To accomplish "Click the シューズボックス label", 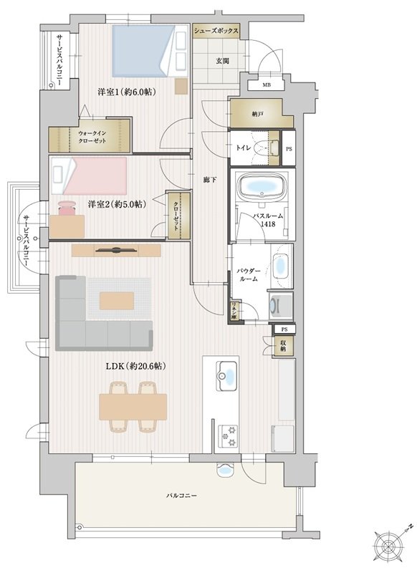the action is click(x=216, y=31).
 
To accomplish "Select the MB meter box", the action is click(x=267, y=85).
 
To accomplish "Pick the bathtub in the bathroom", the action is click(x=262, y=187).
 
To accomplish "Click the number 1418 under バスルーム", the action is click(x=268, y=224).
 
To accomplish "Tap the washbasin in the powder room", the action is click(x=282, y=266).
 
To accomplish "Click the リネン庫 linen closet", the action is click(x=233, y=311).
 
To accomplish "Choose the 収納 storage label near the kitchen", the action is click(x=283, y=345).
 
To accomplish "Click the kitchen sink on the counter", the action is click(x=226, y=375).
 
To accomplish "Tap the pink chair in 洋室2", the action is click(x=67, y=208).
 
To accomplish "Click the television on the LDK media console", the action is click(x=117, y=250).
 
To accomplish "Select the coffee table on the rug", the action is click(x=117, y=300).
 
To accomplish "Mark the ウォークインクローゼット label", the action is click(x=92, y=137).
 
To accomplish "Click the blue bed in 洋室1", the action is click(x=143, y=50).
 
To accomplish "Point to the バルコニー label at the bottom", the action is click(x=182, y=496).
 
